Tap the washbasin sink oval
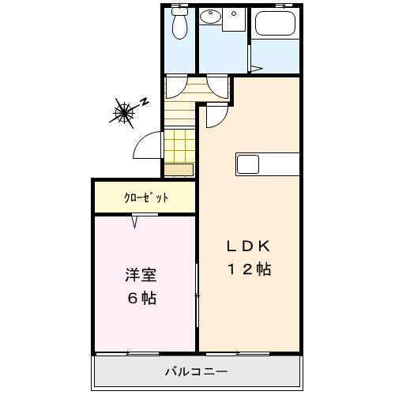[211, 17]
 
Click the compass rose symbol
[124, 112]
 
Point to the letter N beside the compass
[145, 101]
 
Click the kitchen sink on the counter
[247, 165]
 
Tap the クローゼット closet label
[145, 197]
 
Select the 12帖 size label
[250, 269]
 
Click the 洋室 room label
[141, 276]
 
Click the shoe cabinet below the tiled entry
[179, 169]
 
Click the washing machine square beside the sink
[235, 20]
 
